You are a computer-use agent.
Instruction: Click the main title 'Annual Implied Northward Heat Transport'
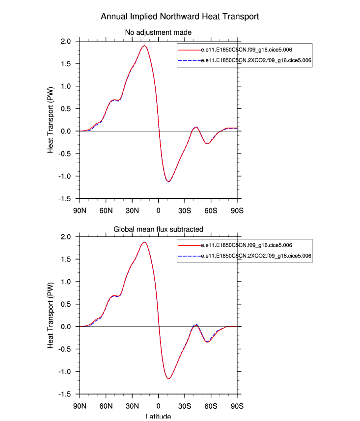180,16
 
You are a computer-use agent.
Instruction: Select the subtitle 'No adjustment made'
159,32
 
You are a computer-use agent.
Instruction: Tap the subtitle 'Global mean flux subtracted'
159,229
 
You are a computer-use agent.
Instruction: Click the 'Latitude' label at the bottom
158,417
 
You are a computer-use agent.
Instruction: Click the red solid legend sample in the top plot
189,50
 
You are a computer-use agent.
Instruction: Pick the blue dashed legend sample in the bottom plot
189,256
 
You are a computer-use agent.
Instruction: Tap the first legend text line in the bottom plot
248,245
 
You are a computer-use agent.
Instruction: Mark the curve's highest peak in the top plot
144,46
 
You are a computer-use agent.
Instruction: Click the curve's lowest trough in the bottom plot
168,378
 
